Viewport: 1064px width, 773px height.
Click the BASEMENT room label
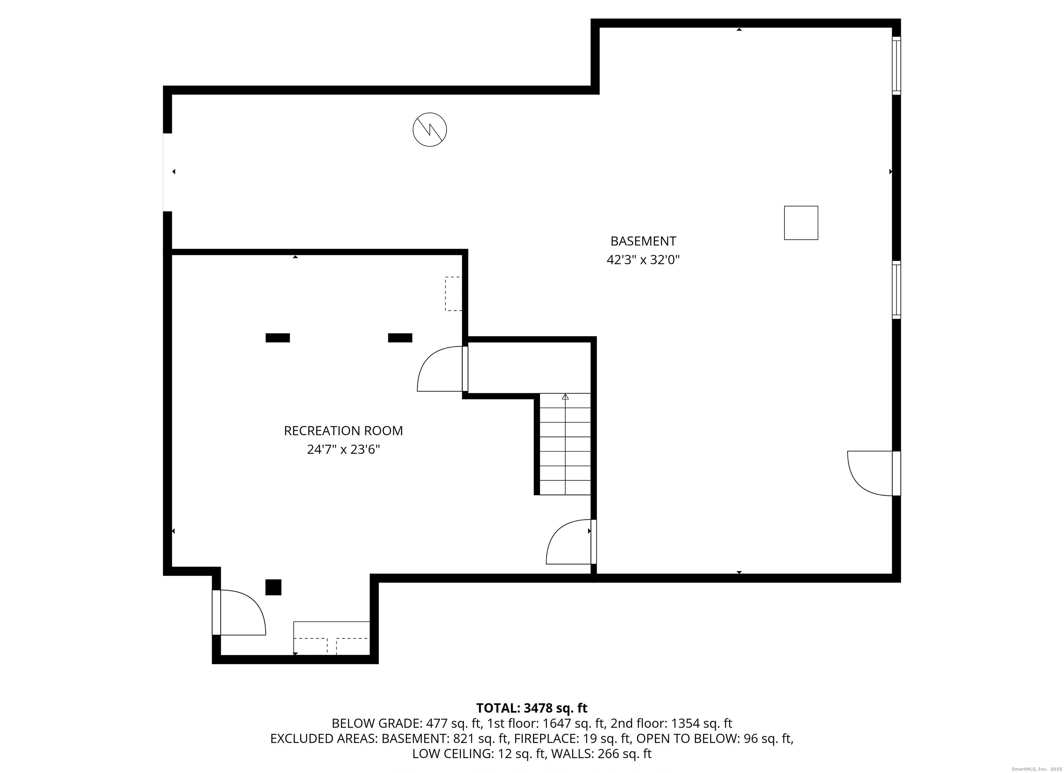coord(643,241)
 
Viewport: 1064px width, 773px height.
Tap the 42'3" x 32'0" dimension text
coord(643,259)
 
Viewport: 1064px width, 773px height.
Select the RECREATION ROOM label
coord(343,430)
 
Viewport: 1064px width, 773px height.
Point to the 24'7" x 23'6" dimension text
coord(343,449)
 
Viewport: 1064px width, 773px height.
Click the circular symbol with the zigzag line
coord(430,130)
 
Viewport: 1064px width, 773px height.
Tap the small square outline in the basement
coord(801,223)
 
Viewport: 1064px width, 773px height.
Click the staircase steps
coord(565,444)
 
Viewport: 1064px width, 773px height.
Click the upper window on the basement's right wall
coord(896,66)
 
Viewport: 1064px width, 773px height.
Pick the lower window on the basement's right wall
coord(896,290)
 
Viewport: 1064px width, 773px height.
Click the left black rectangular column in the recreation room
coord(278,338)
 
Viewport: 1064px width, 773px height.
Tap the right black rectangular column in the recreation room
coord(400,338)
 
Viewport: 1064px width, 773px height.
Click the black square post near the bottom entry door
coord(274,587)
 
